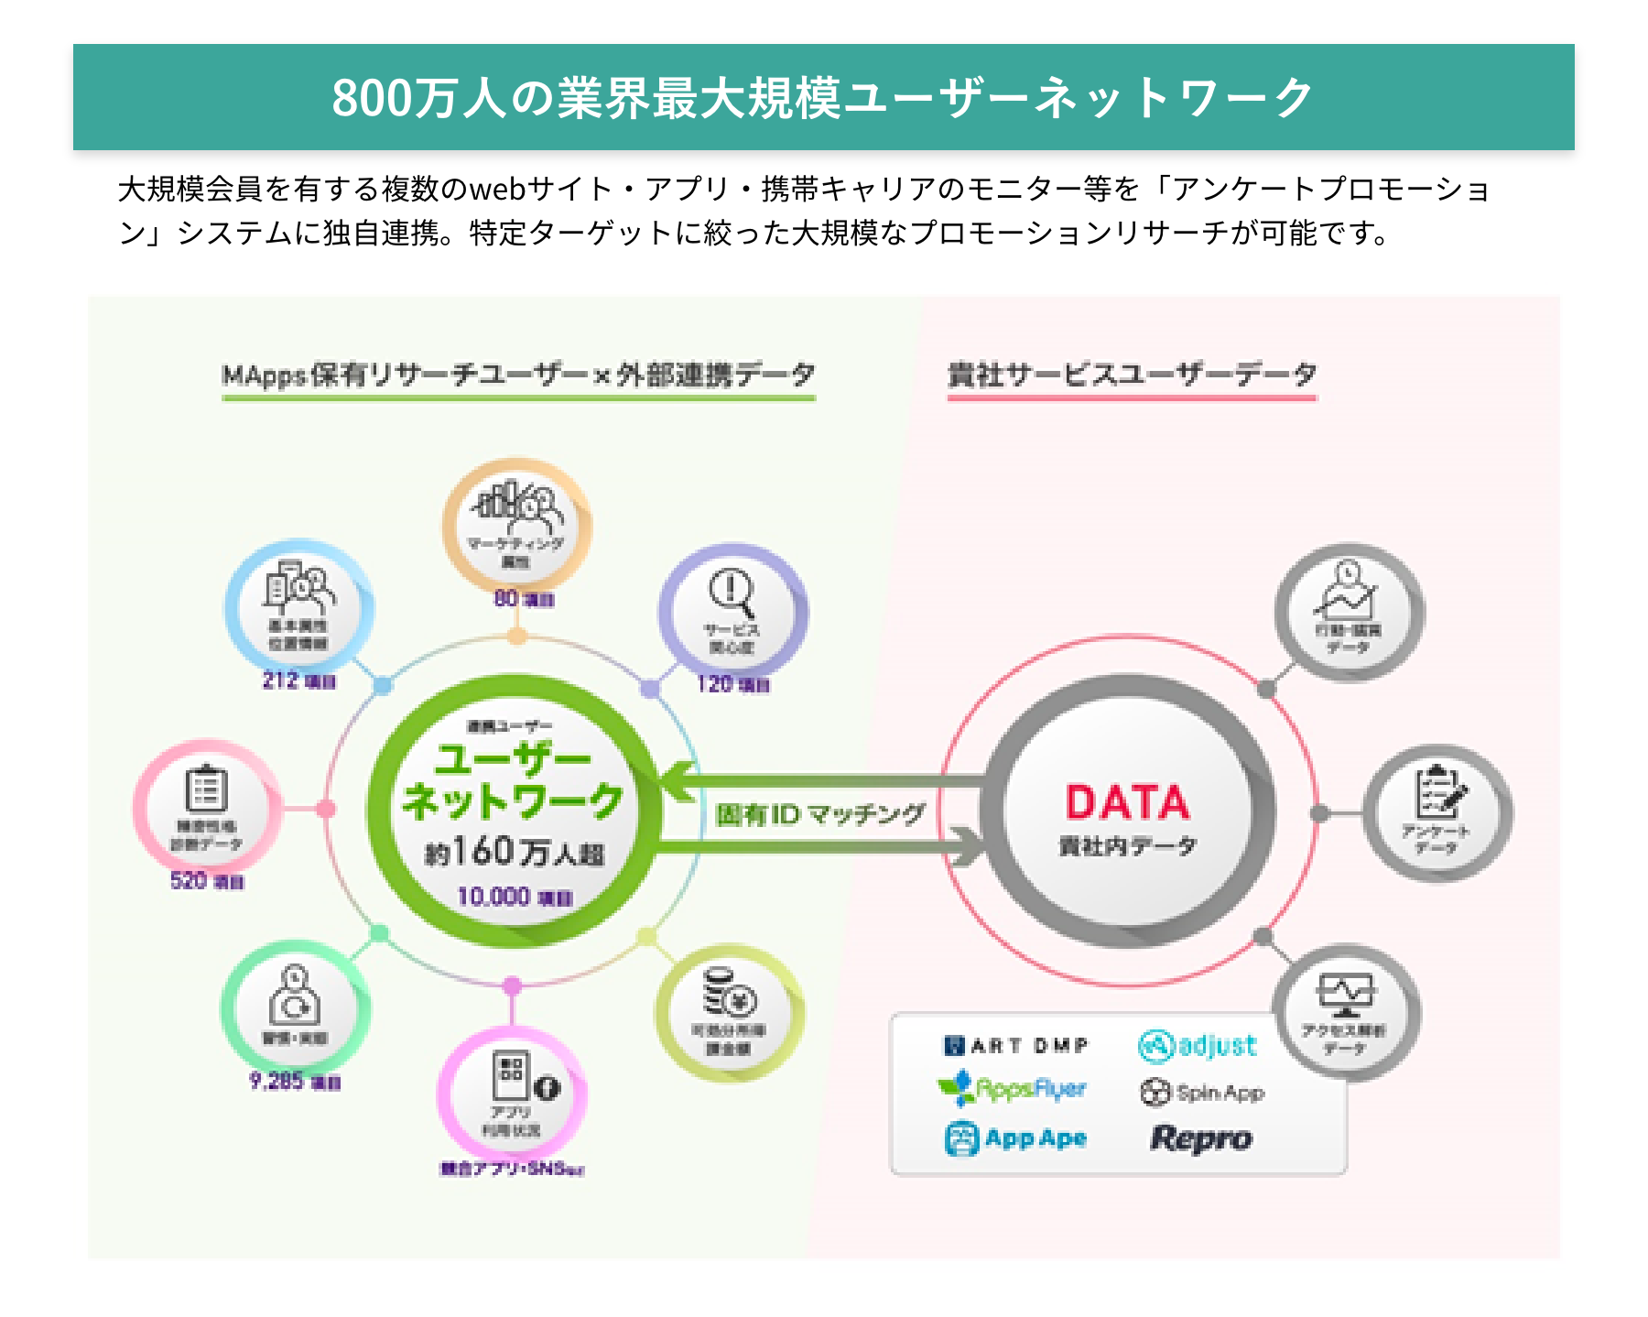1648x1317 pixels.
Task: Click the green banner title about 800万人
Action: [823, 97]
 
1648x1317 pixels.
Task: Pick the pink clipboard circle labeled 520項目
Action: [207, 806]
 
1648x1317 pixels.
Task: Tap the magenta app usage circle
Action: [513, 1095]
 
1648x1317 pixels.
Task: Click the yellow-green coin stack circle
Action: [729, 1013]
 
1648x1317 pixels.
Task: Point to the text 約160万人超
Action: [514, 853]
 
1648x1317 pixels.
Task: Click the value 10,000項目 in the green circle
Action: [514, 897]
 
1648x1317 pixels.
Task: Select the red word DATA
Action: [1127, 802]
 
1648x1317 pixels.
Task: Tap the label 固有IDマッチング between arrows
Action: [819, 814]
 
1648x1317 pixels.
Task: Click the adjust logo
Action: [1198, 1045]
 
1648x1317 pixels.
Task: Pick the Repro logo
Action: [1200, 1138]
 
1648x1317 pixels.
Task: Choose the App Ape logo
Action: [1015, 1138]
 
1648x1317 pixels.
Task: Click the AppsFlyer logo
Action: [1012, 1089]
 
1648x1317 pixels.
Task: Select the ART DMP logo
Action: [1015, 1045]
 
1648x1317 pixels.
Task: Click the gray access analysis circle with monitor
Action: [1345, 1012]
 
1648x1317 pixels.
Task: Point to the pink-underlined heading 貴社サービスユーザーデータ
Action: [1132, 375]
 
